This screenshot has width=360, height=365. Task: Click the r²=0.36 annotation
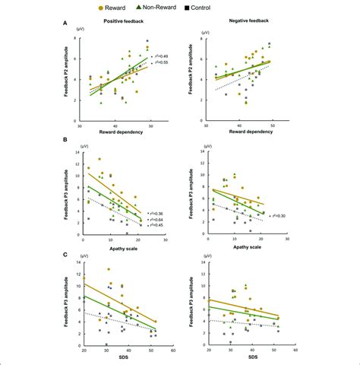click(x=162, y=212)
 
